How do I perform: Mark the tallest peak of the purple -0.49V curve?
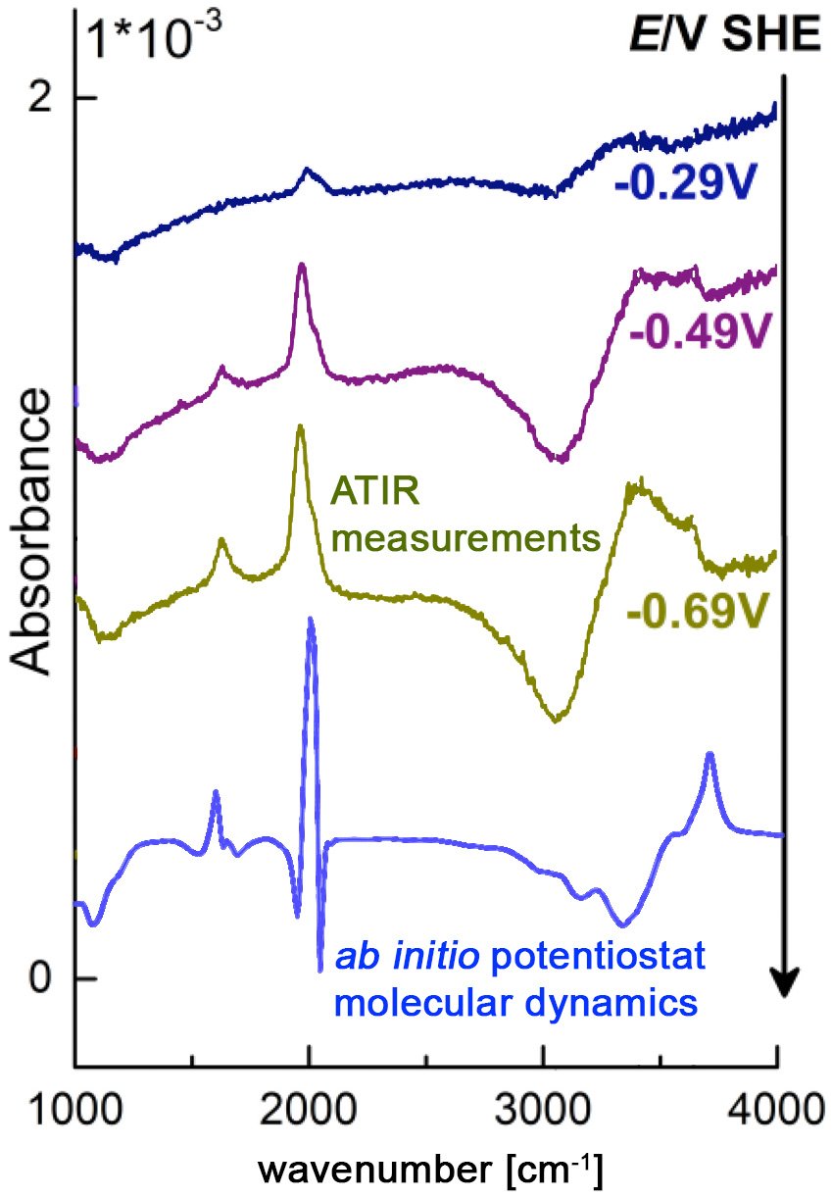pyautogui.click(x=301, y=266)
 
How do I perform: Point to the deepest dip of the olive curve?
pyautogui.click(x=556, y=719)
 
